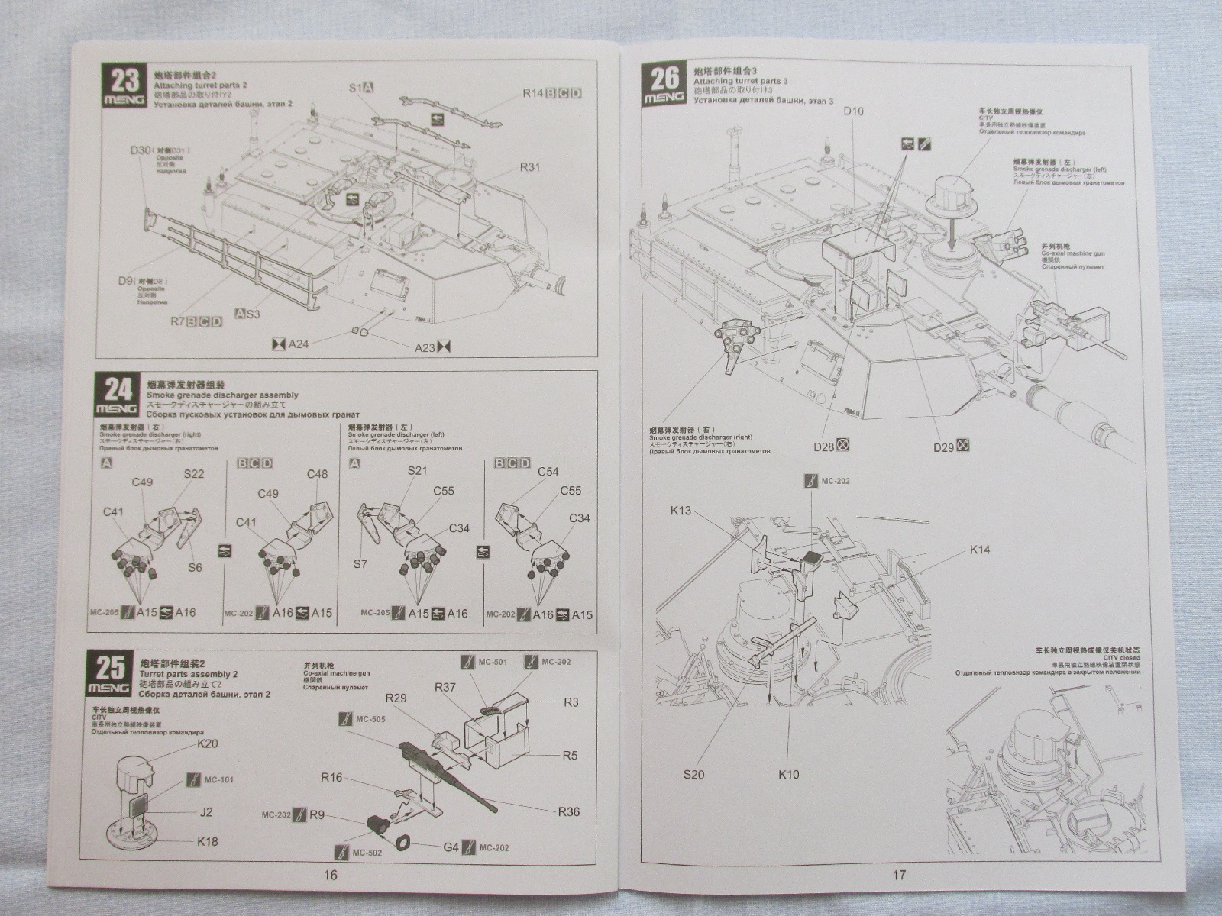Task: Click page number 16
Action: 330,875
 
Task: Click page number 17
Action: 899,875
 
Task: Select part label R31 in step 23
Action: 529,166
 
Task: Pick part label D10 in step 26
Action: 853,112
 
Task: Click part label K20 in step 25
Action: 207,743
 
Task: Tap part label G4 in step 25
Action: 451,847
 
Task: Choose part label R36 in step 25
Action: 568,811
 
